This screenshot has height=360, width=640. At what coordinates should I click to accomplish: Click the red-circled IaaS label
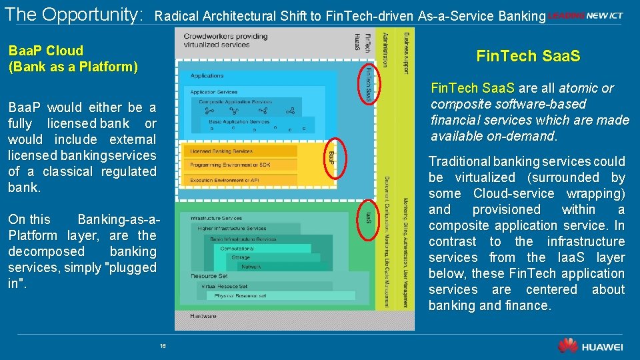[369, 217]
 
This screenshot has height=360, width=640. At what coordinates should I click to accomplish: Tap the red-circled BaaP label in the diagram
[333, 157]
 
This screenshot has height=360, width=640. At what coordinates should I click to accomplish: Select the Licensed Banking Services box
[240, 151]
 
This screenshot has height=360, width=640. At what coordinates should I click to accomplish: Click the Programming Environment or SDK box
[240, 165]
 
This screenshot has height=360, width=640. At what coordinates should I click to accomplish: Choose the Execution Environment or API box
[240, 181]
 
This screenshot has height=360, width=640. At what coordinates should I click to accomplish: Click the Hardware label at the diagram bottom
[203, 316]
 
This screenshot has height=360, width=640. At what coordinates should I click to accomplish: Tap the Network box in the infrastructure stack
[251, 266]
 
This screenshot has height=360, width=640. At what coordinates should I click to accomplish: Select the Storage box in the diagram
[241, 257]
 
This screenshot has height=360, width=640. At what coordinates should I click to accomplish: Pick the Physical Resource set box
[240, 295]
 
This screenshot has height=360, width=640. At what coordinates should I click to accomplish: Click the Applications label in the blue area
[207, 76]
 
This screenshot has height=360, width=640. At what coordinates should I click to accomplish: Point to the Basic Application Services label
[239, 122]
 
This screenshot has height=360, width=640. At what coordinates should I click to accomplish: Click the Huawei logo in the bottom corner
[590, 346]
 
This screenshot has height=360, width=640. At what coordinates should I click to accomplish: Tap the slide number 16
[163, 346]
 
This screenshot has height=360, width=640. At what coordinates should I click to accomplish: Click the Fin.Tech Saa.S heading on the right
[528, 57]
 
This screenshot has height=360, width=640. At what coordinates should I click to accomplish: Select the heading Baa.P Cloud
[46, 51]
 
